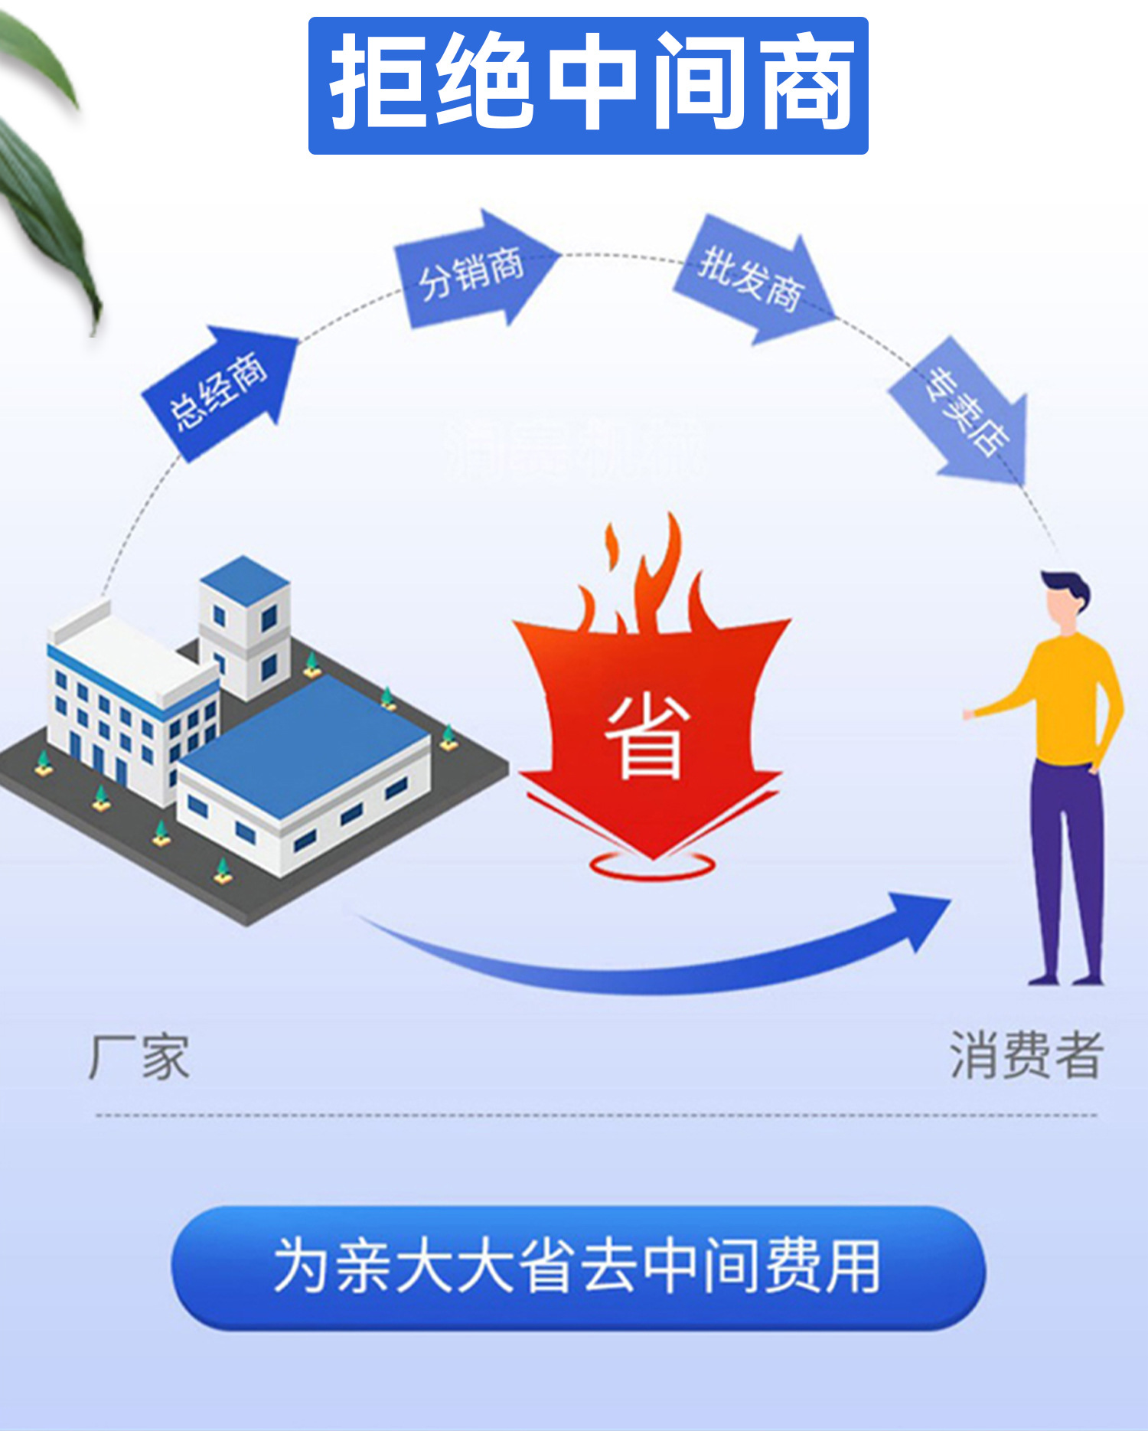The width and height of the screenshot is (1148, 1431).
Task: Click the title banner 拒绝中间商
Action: click(x=588, y=85)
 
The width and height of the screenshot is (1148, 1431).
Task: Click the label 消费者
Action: click(x=1026, y=1055)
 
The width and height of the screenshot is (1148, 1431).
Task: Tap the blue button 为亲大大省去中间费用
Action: click(x=578, y=1266)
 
